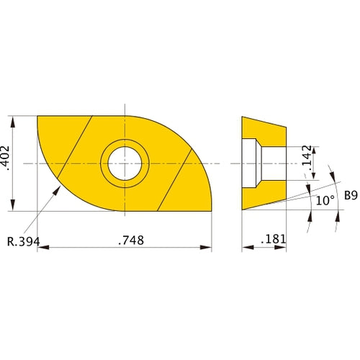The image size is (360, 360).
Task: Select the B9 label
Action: pyautogui.click(x=351, y=194)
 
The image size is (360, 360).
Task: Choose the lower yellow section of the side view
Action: pyautogui.click(x=264, y=197)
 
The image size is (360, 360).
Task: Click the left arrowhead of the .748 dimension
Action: pyautogui.click(x=40, y=248)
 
